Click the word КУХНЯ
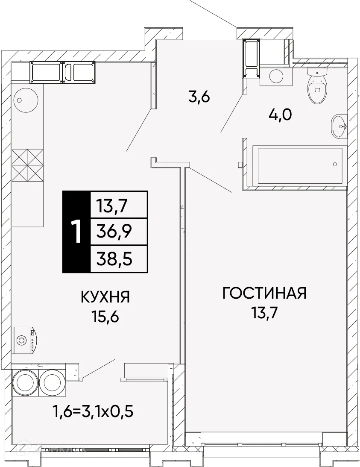point(105,296)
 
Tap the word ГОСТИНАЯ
point(265,294)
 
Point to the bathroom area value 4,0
point(280,115)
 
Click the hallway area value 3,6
point(199,97)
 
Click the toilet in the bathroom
point(316,88)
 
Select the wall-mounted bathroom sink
point(340,126)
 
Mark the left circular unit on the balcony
point(25,380)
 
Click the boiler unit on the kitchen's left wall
point(24,340)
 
